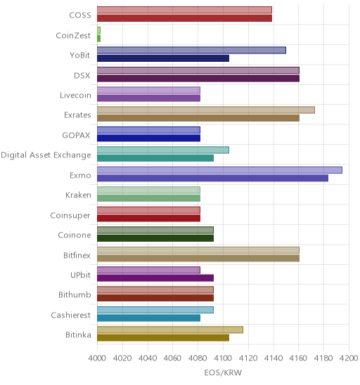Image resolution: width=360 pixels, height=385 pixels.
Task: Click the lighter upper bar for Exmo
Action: pos(219,170)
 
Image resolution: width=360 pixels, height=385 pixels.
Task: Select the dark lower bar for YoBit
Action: pos(163,58)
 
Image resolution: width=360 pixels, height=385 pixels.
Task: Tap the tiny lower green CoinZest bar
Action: pos(98,39)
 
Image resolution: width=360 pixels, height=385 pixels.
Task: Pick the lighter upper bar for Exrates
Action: pos(206,110)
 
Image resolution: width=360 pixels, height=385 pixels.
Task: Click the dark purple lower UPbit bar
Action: pos(155,278)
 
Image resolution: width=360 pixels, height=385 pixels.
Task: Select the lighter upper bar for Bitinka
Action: pos(170,329)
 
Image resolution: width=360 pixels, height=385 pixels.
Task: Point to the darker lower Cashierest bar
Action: pos(148,318)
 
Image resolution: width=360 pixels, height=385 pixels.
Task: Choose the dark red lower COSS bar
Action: pos(184,18)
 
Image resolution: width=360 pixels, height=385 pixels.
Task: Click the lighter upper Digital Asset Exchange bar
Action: pos(163,150)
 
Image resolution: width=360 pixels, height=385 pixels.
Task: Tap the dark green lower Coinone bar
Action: pos(155,238)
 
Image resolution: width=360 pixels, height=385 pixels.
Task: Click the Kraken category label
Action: pos(78,195)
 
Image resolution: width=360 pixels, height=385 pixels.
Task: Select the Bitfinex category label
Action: pos(77,255)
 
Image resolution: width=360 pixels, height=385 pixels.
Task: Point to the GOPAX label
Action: pos(76,135)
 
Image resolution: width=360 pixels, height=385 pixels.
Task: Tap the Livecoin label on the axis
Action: pos(75,95)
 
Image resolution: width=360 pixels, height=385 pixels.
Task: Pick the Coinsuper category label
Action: pos(70,216)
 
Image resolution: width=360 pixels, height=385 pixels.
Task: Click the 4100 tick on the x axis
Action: pos(223,358)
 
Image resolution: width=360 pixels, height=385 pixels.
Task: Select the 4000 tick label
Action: pos(97,358)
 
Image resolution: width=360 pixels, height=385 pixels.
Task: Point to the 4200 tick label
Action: pos(349,358)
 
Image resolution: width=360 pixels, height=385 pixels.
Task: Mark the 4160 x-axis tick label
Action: pos(298,358)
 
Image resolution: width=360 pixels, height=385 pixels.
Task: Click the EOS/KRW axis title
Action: pos(223,373)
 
